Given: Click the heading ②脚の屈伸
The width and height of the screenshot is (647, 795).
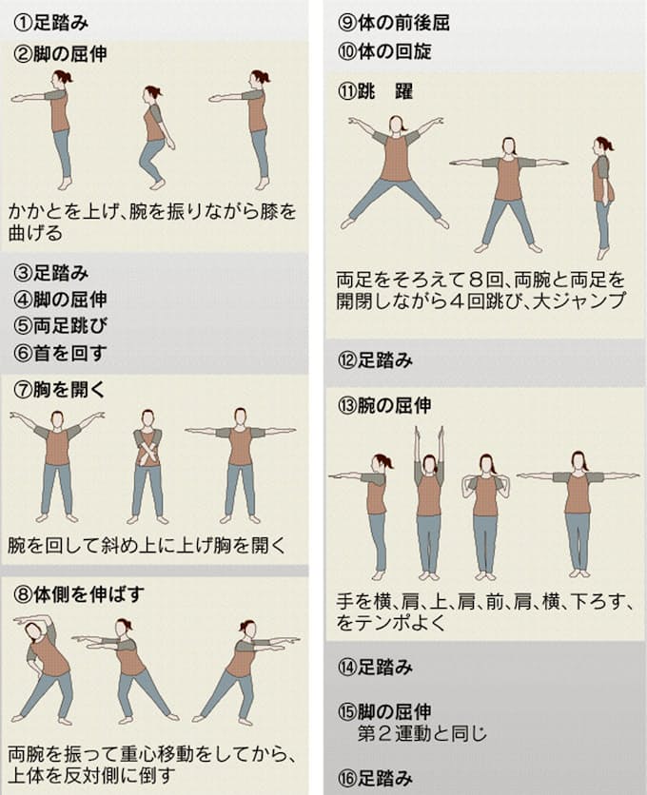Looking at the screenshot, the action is click(60, 54).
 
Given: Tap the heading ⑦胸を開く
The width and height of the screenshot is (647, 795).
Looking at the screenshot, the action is click(60, 389).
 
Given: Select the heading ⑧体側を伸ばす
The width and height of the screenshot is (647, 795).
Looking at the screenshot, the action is click(79, 594).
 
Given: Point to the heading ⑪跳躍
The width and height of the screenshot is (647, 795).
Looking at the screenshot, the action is click(376, 92).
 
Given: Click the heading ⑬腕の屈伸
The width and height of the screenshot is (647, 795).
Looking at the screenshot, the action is click(384, 406).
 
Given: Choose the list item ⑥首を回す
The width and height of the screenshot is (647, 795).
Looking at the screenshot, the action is click(60, 353).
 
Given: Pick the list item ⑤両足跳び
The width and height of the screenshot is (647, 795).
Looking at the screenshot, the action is click(60, 326).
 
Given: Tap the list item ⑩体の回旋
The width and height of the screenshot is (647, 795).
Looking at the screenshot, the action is click(384, 51).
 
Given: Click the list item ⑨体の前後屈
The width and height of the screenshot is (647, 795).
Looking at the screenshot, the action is click(394, 23).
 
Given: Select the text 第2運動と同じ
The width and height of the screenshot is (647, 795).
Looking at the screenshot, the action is click(422, 733).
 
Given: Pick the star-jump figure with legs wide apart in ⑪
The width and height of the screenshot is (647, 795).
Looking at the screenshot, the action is click(395, 172).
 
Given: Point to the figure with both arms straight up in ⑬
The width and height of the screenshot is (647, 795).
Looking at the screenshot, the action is click(429, 503).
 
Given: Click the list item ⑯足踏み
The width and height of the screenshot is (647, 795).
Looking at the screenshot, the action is click(376, 778).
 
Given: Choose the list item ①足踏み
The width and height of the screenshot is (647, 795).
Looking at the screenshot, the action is click(51, 24).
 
